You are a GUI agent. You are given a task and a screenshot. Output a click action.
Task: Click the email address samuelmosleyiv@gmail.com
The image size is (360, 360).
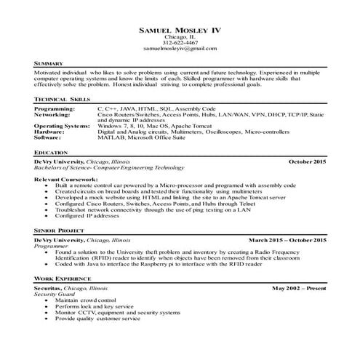(180, 49)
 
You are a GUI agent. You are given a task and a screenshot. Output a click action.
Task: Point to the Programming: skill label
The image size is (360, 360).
(55, 108)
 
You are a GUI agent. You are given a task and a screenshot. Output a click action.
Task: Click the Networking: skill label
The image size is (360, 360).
(53, 113)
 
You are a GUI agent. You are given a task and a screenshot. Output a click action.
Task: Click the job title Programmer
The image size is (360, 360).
(52, 244)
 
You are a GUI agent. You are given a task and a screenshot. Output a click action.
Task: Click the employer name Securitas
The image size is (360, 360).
(49, 288)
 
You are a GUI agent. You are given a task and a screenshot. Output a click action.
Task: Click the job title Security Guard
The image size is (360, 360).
(54, 294)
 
